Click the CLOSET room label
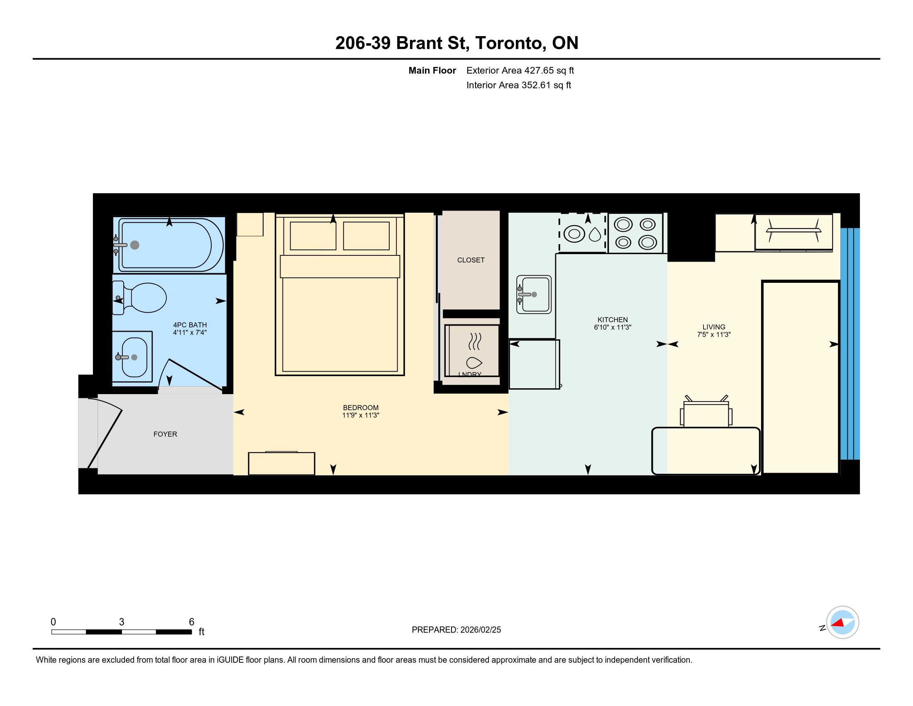point(471,260)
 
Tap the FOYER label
point(165,434)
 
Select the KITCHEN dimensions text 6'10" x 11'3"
point(613,327)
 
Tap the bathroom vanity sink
point(132,357)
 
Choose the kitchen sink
point(534,294)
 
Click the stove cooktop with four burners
point(635,233)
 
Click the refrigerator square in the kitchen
point(534,364)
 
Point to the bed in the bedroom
point(340,294)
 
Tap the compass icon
point(842,623)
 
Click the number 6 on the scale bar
point(191,622)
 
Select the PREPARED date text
point(456,630)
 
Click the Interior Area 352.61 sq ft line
point(519,85)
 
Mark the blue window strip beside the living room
point(850,344)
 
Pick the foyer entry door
point(105,433)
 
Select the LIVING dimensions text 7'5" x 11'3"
point(714,335)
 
